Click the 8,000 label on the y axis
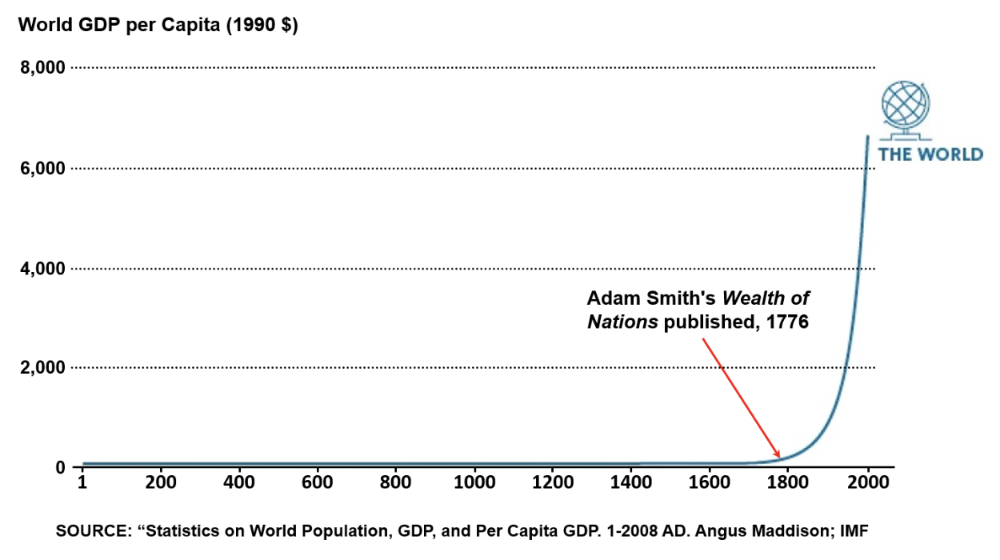click(x=42, y=68)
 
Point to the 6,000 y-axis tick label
click(x=42, y=169)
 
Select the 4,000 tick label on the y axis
click(x=42, y=269)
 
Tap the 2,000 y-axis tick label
click(x=42, y=368)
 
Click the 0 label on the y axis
click(x=59, y=467)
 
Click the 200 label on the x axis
click(x=160, y=482)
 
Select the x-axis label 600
click(x=317, y=482)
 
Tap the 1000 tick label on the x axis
click(x=474, y=482)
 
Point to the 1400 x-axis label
click(x=631, y=482)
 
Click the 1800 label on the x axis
click(x=788, y=482)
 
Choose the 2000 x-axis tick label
click(x=867, y=482)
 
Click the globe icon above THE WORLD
click(x=907, y=109)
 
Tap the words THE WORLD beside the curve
click(x=930, y=154)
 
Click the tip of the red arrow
click(x=779, y=458)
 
